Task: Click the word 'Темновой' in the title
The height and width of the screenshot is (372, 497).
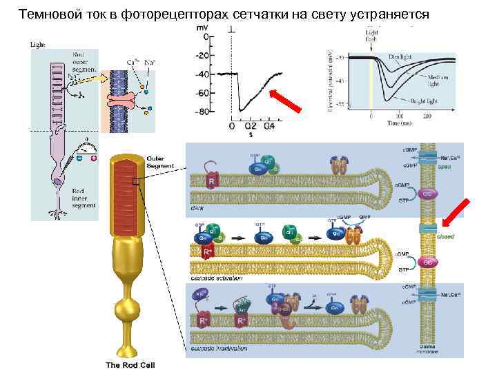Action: [47, 14]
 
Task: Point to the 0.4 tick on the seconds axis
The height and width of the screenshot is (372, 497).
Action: [269, 126]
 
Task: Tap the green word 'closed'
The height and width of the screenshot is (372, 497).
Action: [445, 236]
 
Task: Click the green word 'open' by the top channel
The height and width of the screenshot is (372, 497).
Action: [446, 165]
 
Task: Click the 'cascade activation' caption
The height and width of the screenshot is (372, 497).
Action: [217, 278]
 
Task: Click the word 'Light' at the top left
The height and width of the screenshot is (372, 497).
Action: [38, 45]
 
